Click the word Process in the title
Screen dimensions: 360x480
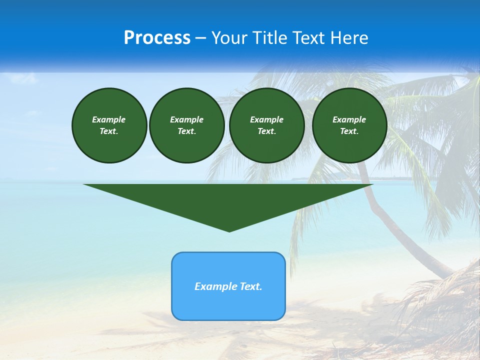[157, 38]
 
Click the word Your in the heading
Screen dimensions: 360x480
[230, 38]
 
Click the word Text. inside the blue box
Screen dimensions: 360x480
[251, 286]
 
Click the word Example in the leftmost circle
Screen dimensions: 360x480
[109, 119]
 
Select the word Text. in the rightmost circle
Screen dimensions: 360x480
[349, 131]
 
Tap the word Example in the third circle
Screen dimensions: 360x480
[266, 119]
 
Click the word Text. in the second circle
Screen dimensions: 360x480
[186, 131]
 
